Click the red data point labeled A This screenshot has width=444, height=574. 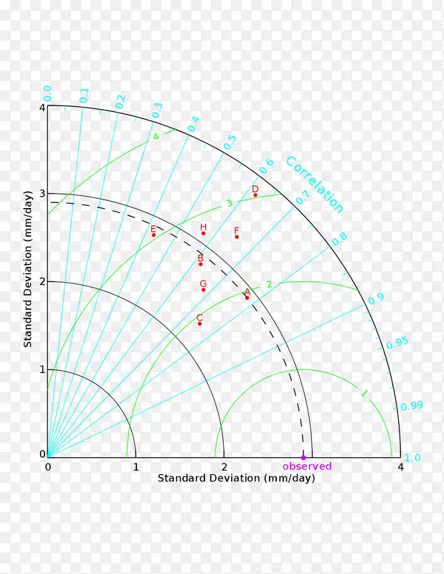[247, 298]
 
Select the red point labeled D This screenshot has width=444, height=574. [255, 195]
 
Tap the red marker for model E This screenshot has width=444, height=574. [153, 235]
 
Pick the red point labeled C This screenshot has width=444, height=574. [199, 324]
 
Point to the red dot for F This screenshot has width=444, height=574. [237, 237]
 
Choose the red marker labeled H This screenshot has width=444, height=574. [203, 233]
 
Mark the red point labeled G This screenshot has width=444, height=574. [203, 290]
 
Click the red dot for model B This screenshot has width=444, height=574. [200, 264]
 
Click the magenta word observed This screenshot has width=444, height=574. [307, 466]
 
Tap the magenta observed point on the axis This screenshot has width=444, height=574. [303, 457]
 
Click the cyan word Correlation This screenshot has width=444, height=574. [314, 185]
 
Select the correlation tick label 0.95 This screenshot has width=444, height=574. [397, 344]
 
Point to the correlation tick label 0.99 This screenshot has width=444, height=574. [412, 406]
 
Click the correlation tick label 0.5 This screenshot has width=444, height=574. [230, 142]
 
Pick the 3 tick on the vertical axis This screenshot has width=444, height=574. [42, 194]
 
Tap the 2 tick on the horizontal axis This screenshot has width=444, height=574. [224, 467]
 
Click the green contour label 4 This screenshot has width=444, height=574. [156, 136]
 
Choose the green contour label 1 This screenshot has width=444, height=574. [364, 393]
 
